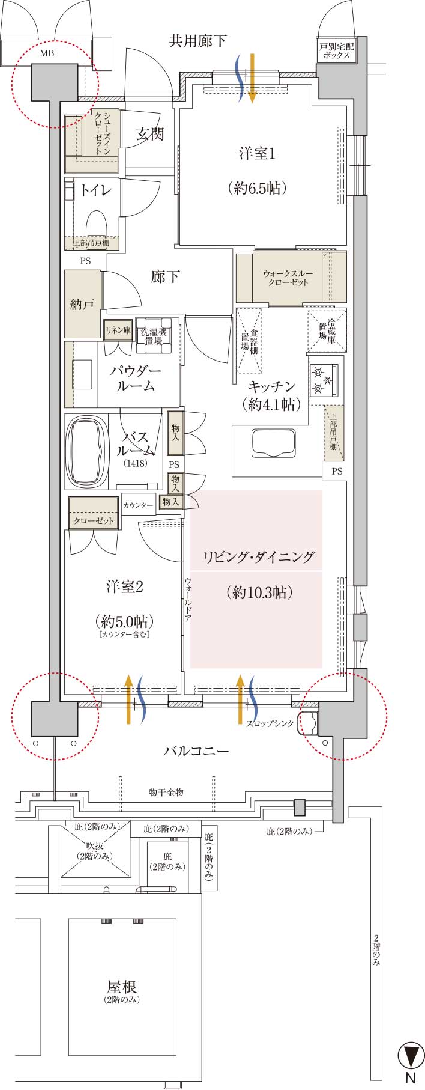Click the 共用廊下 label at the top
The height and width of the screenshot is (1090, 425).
click(198, 41)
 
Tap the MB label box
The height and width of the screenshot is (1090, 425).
click(46, 52)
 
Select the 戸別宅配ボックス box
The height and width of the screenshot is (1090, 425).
click(338, 50)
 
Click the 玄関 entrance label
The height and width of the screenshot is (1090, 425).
click(149, 133)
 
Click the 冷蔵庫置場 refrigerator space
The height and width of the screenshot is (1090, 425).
click(327, 330)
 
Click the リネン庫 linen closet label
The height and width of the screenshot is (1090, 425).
click(118, 330)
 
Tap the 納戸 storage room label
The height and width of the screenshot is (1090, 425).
click(82, 305)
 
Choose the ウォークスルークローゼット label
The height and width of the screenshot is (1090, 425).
click(288, 278)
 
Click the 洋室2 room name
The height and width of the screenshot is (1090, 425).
click(125, 586)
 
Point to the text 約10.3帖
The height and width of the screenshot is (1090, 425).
click(260, 592)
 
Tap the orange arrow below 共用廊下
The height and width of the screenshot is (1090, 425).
click(253, 78)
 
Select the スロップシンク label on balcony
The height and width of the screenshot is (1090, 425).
click(270, 723)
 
